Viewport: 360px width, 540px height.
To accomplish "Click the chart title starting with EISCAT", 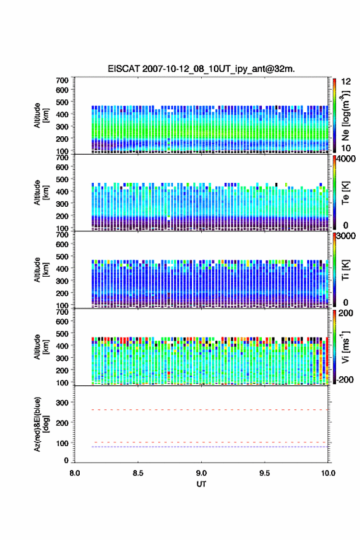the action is click(201, 69).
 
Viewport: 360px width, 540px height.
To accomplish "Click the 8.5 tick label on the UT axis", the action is click(138, 473).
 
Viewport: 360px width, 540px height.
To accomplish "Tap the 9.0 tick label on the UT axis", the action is click(201, 473).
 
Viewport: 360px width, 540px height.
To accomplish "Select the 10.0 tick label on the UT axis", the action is click(328, 473).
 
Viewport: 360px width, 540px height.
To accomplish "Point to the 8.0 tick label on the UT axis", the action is click(75, 473).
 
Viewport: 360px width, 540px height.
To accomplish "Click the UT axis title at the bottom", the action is click(201, 484).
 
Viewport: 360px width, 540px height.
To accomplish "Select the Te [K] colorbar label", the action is click(345, 193).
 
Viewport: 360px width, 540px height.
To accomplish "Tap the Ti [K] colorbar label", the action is click(345, 270).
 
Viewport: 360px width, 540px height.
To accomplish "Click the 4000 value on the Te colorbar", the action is click(347, 159).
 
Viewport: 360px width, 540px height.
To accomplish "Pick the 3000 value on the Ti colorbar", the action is click(347, 236).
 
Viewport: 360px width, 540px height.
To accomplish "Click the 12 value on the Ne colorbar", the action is click(346, 82).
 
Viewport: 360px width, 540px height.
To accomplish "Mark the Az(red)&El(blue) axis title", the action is click(40, 424).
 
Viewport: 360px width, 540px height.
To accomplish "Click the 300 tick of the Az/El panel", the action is click(63, 403).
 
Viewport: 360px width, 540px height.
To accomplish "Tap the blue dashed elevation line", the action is click(210, 447).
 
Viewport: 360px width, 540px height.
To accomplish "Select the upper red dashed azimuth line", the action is click(210, 410).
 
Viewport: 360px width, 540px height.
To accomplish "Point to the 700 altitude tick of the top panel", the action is click(63, 80).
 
